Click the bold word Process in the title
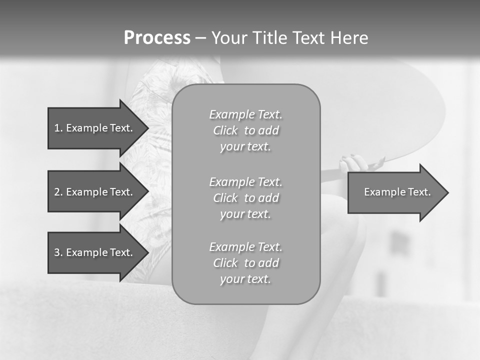(157, 38)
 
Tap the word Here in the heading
(349, 38)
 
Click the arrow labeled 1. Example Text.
(93, 128)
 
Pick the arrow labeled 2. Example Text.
(93, 192)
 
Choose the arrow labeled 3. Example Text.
(93, 252)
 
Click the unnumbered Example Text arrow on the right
(397, 192)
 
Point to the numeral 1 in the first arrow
(57, 128)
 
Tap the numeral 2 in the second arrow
(57, 192)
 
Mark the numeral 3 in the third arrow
(57, 252)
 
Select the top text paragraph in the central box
(246, 130)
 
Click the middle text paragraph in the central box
(246, 198)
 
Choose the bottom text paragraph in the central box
(246, 263)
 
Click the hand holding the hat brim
(354, 164)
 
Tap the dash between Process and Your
(201, 38)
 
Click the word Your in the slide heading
(230, 38)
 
